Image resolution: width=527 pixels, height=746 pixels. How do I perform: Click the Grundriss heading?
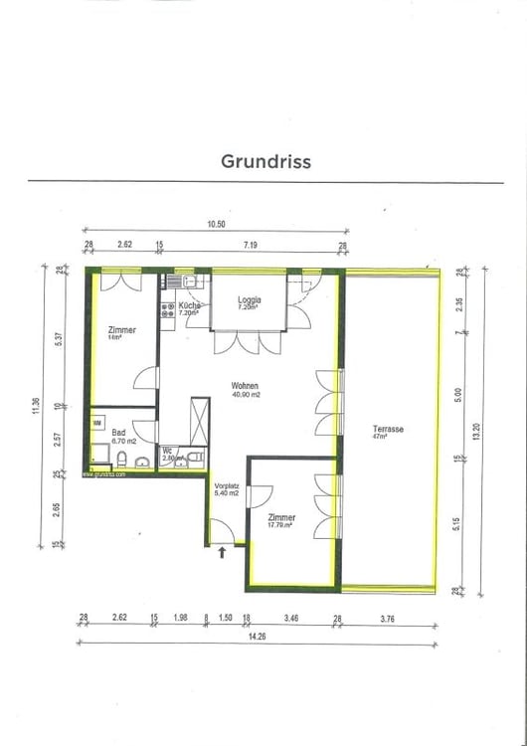264,161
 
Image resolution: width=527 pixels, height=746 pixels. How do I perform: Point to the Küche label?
190,305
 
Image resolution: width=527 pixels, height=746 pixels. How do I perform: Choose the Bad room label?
119,433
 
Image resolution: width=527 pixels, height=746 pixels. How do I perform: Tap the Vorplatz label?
228,485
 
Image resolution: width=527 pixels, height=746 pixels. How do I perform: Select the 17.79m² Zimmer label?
281,518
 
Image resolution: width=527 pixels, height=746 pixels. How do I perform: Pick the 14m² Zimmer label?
122,330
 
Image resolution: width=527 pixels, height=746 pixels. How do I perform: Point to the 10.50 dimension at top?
217,225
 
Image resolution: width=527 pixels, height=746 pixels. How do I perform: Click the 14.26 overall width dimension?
258,637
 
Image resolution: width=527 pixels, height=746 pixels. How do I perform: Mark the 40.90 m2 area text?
246,394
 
